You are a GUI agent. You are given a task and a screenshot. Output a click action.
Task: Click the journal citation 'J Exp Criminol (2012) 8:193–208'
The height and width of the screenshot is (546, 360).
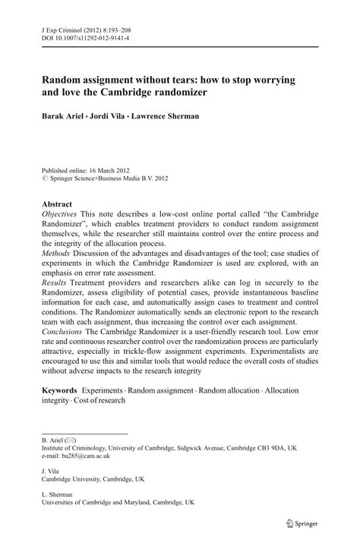[x=85, y=24]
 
